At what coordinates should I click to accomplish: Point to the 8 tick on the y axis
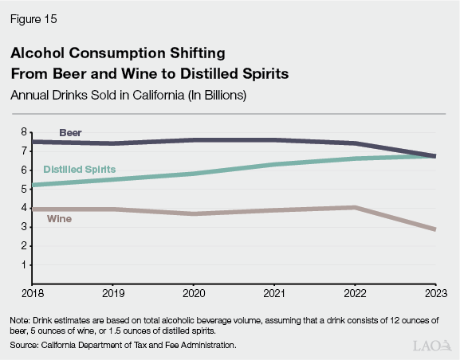(24, 132)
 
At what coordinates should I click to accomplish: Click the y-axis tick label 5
(24, 189)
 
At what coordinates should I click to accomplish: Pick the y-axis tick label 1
(24, 265)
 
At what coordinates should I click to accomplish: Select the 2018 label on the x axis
(32, 293)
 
